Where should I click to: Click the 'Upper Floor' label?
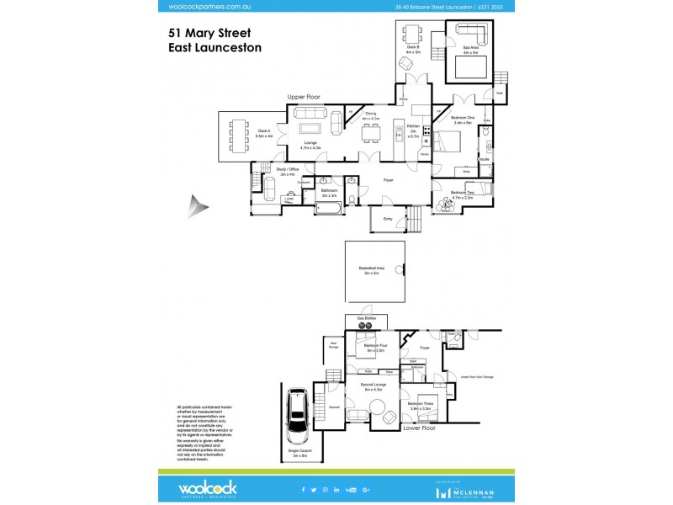(x=305, y=98)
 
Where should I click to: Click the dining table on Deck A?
(x=240, y=136)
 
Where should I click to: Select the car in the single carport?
(x=297, y=416)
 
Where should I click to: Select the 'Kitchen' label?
(x=413, y=125)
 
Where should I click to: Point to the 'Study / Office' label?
(x=288, y=172)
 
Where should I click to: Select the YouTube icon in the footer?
(x=351, y=489)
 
